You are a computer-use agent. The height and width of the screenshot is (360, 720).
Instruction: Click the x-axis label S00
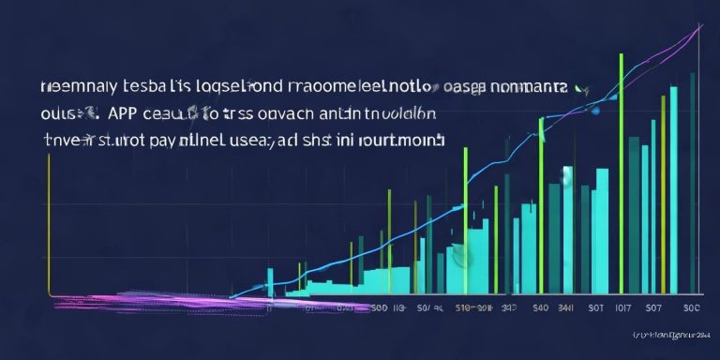tap(380, 307)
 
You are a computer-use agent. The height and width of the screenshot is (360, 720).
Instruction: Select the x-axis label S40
tap(540, 307)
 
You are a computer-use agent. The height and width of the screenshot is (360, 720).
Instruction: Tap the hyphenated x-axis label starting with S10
tap(473, 307)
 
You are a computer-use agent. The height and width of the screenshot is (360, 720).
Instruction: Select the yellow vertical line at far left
tap(47, 225)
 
